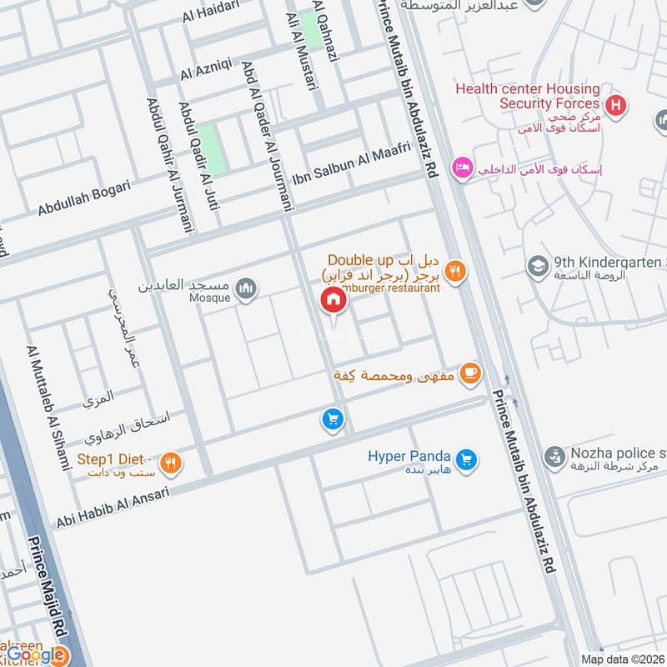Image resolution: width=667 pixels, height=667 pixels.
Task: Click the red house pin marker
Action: [x=333, y=301]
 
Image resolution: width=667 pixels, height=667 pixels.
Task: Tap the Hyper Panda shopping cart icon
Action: [x=466, y=459]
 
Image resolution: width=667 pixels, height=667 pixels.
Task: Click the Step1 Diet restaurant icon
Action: [x=170, y=464]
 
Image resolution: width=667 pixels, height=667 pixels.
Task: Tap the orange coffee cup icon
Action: [x=470, y=374]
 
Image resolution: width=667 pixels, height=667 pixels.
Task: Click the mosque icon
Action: [x=245, y=288]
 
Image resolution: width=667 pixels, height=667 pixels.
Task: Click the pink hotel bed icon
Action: [x=460, y=168]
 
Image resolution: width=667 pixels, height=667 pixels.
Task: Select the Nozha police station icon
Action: [x=554, y=456]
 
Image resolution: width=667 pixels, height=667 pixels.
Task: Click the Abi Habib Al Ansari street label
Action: [x=112, y=508]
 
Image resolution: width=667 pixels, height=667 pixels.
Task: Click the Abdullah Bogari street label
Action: [x=83, y=198]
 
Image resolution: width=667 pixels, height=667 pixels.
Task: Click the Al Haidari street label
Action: [x=213, y=12]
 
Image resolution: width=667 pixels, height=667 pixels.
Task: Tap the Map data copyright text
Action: [x=622, y=658]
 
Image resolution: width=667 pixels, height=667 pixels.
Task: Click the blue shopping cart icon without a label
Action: [x=332, y=419]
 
